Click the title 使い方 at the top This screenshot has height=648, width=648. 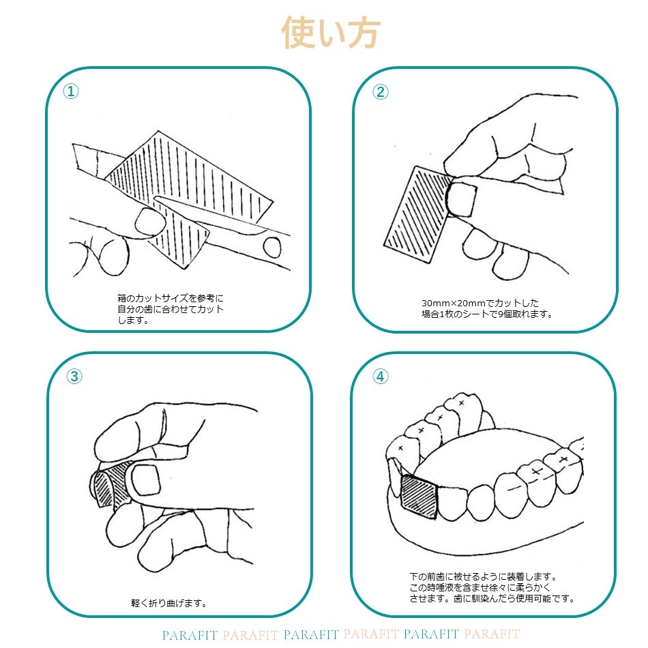click(x=330, y=33)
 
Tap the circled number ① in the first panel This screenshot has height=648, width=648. click(x=71, y=91)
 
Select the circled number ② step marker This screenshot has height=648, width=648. click(x=380, y=92)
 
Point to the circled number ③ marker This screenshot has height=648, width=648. click(x=74, y=376)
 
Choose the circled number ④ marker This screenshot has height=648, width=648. click(x=380, y=376)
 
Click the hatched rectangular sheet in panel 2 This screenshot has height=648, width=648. click(x=418, y=214)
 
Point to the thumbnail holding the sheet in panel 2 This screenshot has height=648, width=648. click(x=462, y=200)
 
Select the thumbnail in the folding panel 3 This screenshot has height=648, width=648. click(x=145, y=480)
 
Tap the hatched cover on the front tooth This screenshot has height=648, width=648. click(x=419, y=497)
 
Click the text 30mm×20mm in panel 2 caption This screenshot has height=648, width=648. click(x=453, y=304)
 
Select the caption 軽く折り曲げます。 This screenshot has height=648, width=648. click(x=169, y=603)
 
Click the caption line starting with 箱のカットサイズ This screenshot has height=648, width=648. click(x=171, y=298)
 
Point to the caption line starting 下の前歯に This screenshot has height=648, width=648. click(x=484, y=576)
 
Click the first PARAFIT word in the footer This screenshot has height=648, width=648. click(x=190, y=635)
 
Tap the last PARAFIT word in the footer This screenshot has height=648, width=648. click(x=492, y=634)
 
